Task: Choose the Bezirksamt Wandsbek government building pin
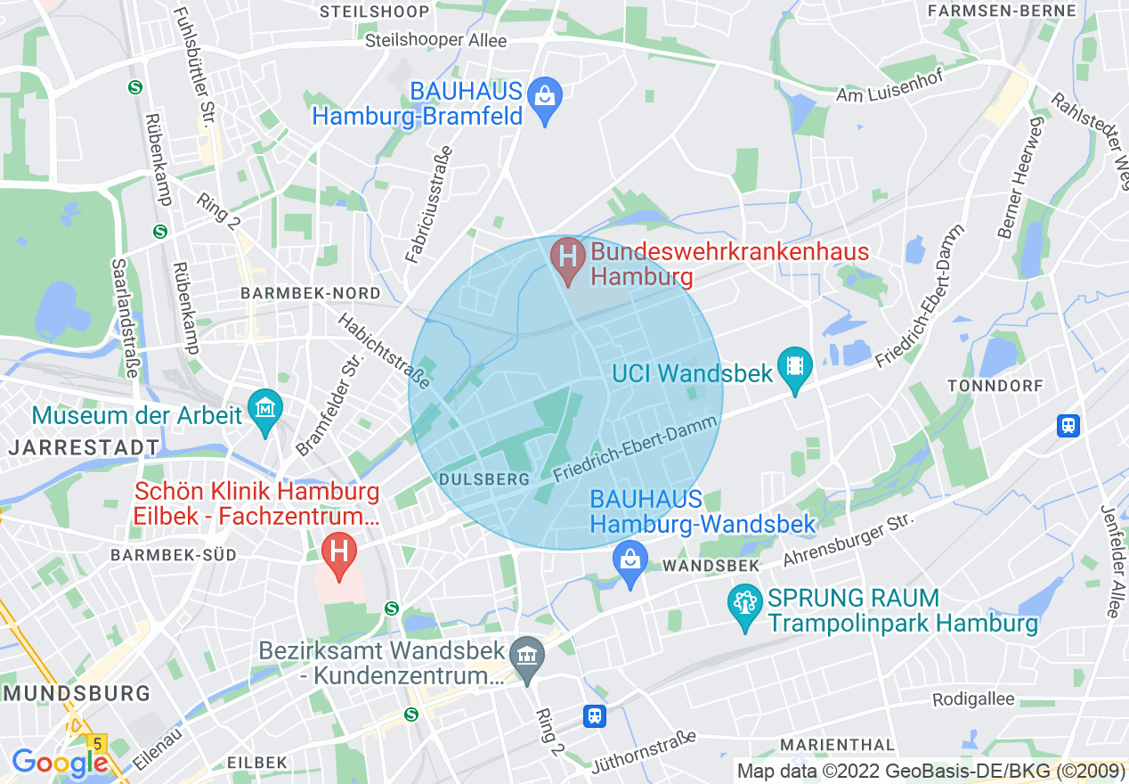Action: (x=529, y=659)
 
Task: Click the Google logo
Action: (x=59, y=763)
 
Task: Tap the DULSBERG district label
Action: (x=484, y=479)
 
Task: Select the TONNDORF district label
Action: (x=995, y=385)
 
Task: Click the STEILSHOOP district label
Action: (x=374, y=12)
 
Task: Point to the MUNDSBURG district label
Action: (x=76, y=693)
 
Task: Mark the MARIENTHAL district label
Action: (x=837, y=744)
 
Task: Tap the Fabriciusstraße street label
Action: (x=429, y=205)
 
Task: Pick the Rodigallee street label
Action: (x=973, y=699)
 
